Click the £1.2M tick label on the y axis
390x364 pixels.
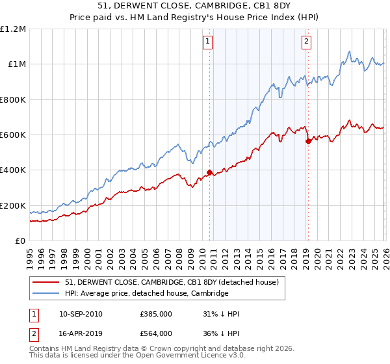pyautogui.click(x=13, y=29)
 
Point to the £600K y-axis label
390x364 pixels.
pyautogui.click(x=13, y=135)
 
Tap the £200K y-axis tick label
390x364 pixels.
pyautogui.click(x=13, y=206)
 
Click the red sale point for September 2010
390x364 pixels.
pyautogui.click(x=209, y=173)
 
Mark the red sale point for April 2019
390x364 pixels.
pyautogui.click(x=308, y=141)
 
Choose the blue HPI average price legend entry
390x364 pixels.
pyautogui.click(x=146, y=294)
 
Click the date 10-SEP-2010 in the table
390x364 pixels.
pyautogui.click(x=81, y=314)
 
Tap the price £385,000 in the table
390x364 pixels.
pyautogui.click(x=155, y=314)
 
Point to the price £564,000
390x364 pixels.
pyautogui.click(x=155, y=333)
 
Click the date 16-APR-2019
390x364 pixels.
pyautogui.click(x=81, y=333)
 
